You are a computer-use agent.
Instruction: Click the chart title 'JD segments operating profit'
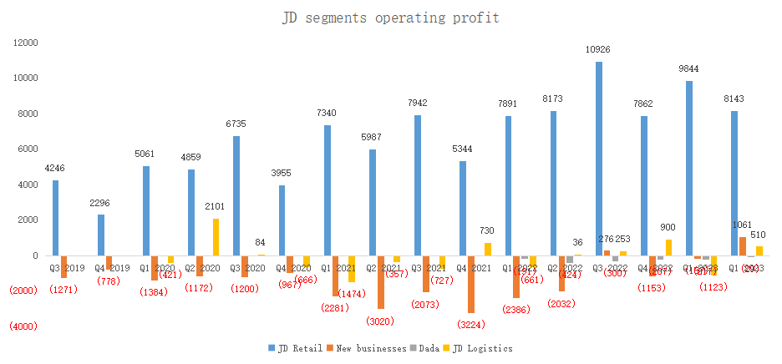[391, 18]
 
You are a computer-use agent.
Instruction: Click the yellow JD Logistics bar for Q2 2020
[216, 237]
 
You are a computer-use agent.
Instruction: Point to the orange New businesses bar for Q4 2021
[471, 284]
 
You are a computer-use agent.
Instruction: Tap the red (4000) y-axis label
[23, 326]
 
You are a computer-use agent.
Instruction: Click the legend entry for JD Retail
[291, 347]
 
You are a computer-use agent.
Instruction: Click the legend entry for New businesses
[368, 347]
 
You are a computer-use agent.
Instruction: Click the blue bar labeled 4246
[55, 218]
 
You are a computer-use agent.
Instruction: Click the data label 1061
[742, 225]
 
